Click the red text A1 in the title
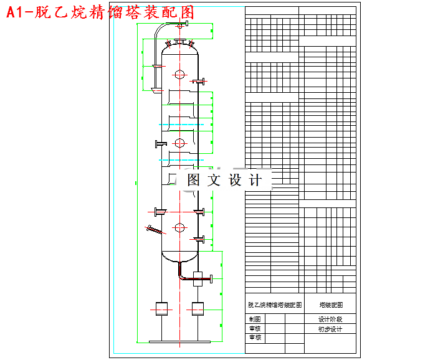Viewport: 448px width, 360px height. (x=18, y=12)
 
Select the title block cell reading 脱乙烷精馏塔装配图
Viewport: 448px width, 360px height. (x=275, y=305)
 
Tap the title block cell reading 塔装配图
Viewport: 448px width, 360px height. (x=330, y=305)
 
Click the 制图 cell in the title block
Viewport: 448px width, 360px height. (x=255, y=319)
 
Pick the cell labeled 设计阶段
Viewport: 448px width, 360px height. (x=330, y=319)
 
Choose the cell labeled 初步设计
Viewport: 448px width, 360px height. (x=330, y=329)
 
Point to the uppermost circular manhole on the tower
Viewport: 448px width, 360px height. (x=179, y=75)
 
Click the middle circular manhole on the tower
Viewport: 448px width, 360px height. (x=179, y=143)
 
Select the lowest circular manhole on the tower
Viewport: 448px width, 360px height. (x=179, y=227)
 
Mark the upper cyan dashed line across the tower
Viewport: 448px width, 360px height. (x=181, y=125)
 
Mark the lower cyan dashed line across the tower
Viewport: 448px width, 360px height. (x=181, y=160)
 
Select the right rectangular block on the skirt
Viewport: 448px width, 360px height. (x=199, y=308)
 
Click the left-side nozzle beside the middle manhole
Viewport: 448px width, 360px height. (x=160, y=144)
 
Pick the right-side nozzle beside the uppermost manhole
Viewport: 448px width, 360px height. (x=201, y=81)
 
